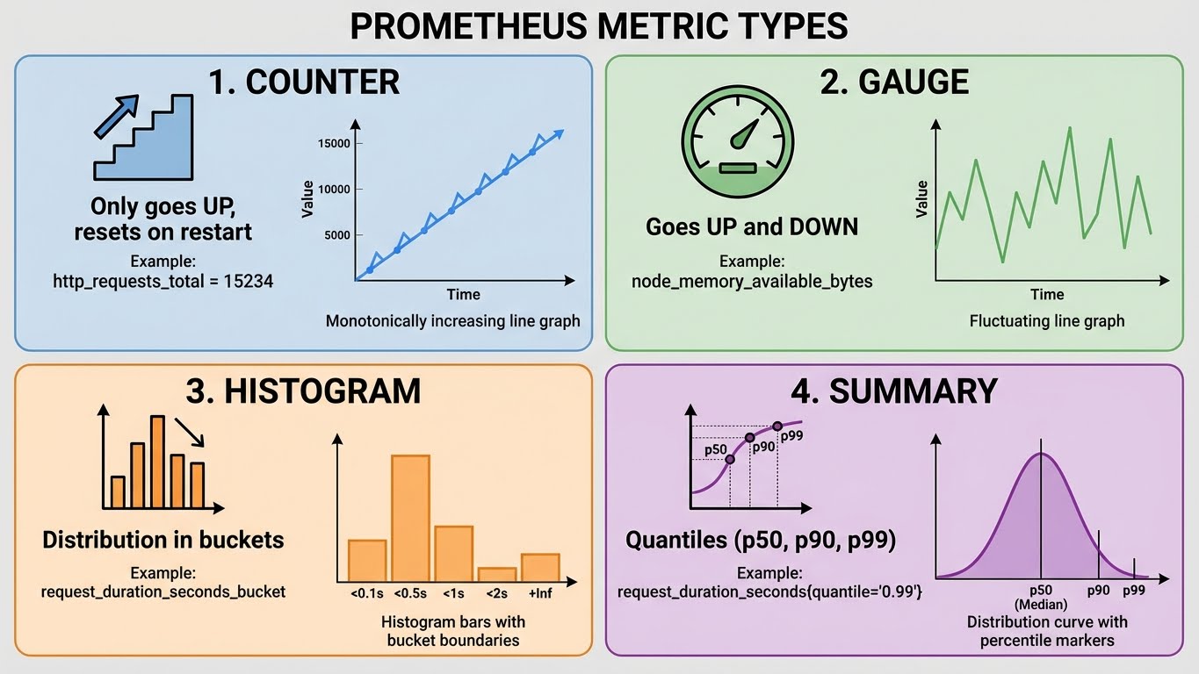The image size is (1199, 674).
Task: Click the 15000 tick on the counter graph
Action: pyautogui.click(x=334, y=143)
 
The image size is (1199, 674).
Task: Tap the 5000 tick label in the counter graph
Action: pyautogui.click(x=336, y=234)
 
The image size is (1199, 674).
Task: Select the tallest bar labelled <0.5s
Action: pyautogui.click(x=410, y=518)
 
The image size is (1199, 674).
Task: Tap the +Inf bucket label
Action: pyautogui.click(x=540, y=594)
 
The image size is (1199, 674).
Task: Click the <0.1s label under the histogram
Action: pyautogui.click(x=366, y=594)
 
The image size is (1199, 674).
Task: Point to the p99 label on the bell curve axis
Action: pyautogui.click(x=1134, y=590)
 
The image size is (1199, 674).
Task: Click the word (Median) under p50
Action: pyautogui.click(x=1041, y=605)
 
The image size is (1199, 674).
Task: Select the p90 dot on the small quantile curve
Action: pyautogui.click(x=749, y=437)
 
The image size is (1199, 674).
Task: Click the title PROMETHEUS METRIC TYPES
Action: pyautogui.click(x=599, y=27)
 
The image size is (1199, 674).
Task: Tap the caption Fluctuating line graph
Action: pyautogui.click(x=1046, y=320)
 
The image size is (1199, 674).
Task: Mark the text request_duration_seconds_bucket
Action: pyautogui.click(x=163, y=592)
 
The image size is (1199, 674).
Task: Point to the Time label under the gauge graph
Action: pyautogui.click(x=1047, y=294)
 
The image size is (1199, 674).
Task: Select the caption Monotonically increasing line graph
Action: pyautogui.click(x=452, y=320)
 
